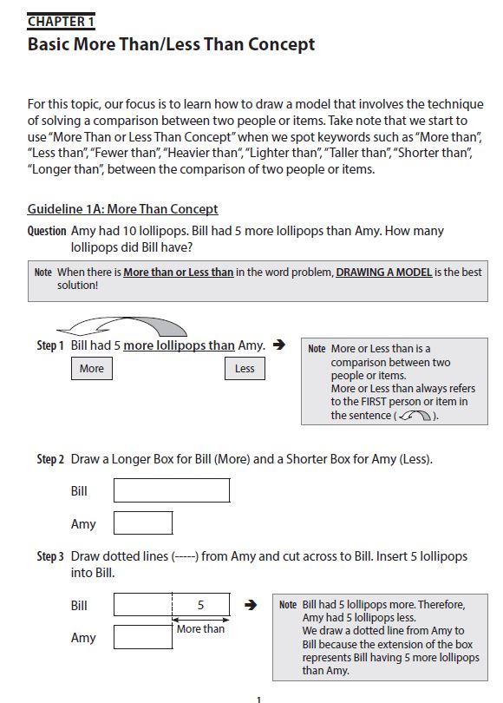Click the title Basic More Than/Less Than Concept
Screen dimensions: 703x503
point(171,44)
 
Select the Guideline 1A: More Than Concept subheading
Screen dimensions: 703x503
point(122,209)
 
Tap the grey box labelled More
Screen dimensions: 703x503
point(91,369)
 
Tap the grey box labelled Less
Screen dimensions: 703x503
point(245,369)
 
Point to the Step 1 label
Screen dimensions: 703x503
point(50,345)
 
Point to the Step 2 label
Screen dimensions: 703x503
point(50,459)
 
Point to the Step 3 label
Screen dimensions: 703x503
point(50,556)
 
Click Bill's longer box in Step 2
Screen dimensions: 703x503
point(172,490)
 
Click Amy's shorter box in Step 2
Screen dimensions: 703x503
point(143,522)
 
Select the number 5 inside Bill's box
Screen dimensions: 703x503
point(200,605)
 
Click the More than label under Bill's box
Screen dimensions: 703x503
point(200,629)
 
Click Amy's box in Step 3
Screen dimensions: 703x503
point(143,637)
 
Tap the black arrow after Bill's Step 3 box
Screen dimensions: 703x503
point(251,605)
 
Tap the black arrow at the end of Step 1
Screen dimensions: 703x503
point(278,345)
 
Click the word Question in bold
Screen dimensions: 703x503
point(47,231)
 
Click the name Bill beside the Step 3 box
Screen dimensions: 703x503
point(79,605)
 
